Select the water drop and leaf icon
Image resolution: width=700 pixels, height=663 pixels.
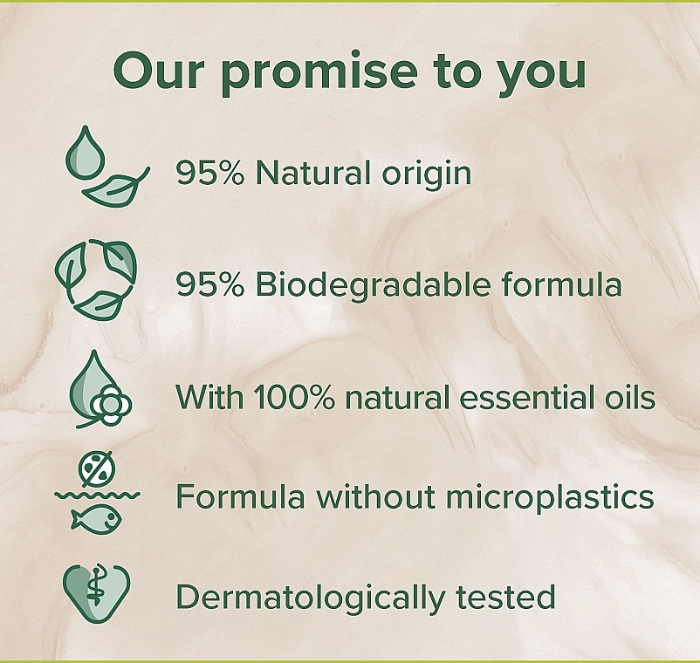tap(107, 166)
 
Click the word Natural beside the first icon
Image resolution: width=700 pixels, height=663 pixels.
tap(313, 173)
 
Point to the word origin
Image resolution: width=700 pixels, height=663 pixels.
tap(426, 176)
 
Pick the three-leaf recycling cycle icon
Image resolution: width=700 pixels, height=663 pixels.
tap(95, 279)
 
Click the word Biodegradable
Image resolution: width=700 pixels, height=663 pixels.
tap(374, 284)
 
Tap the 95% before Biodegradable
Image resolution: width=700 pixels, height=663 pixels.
tap(210, 284)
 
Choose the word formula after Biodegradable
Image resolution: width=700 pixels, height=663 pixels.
tap(561, 284)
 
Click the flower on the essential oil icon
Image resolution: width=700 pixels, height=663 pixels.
tap(111, 404)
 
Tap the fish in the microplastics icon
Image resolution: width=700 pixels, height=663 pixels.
tap(96, 518)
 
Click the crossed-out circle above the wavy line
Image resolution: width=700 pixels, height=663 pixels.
tap(97, 468)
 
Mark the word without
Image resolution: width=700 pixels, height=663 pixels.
tap(376, 496)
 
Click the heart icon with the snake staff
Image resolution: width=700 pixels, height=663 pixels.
tap(96, 593)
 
